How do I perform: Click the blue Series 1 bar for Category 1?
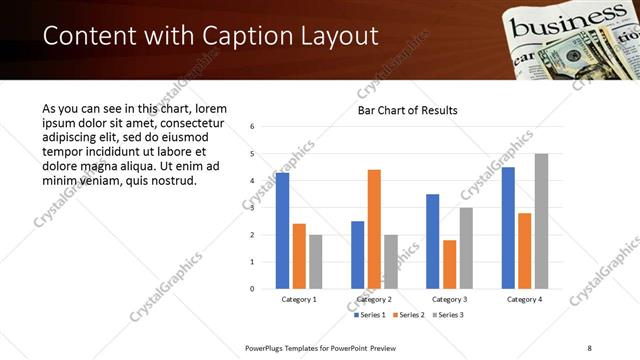point(283,230)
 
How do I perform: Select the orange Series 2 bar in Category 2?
point(374,229)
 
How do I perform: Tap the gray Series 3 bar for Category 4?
point(541,221)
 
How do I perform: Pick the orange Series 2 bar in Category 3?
point(449,264)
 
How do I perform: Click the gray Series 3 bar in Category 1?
point(316,261)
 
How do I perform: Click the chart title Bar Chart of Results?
point(408,110)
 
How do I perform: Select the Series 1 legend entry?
point(370,315)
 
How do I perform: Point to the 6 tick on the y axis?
point(253,127)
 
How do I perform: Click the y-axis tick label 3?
point(253,208)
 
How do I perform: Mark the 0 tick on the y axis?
point(253,289)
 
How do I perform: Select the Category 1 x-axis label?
point(299,299)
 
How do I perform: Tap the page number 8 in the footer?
point(589,347)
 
